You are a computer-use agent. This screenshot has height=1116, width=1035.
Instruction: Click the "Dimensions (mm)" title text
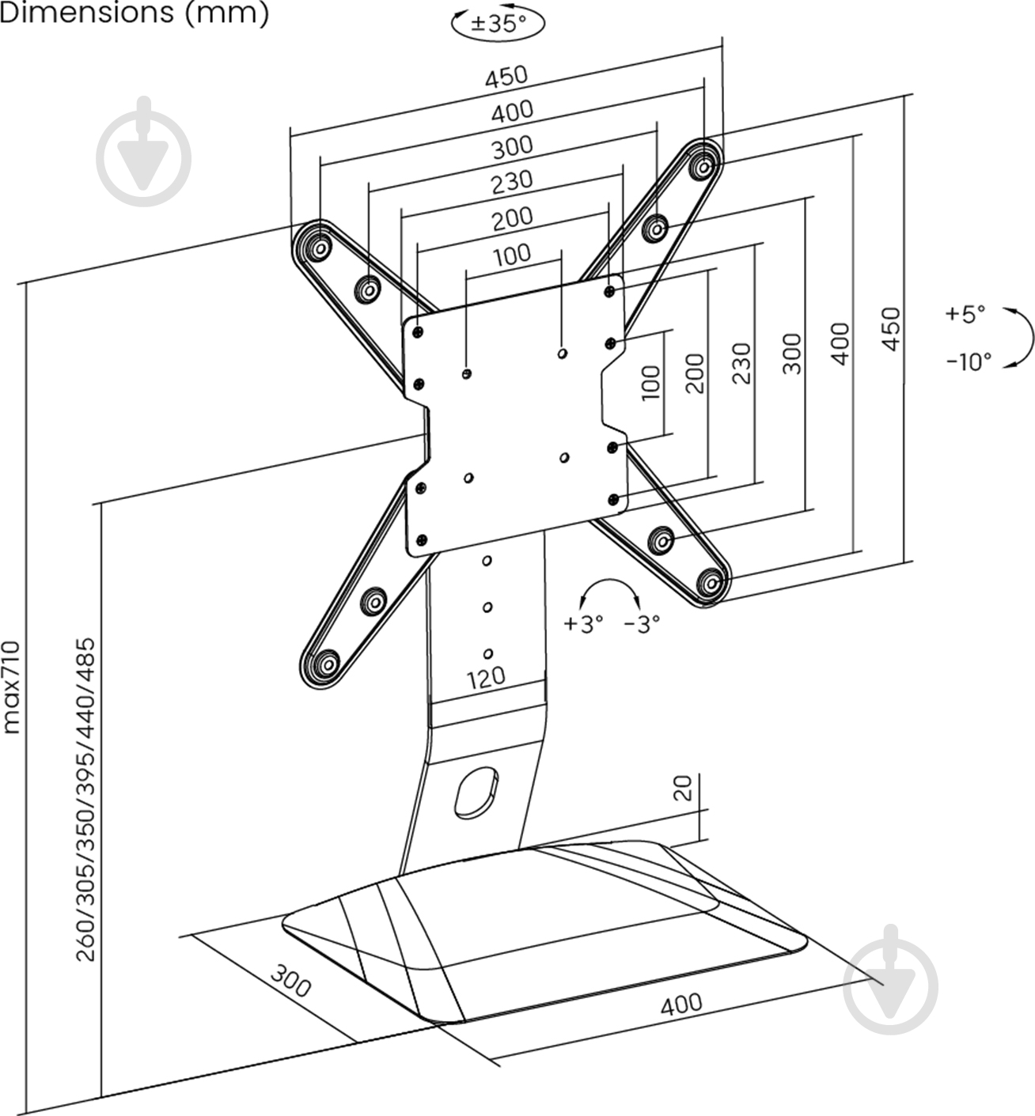pyautogui.click(x=135, y=13)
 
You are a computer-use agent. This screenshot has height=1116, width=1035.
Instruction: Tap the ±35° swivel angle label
pyautogui.click(x=498, y=23)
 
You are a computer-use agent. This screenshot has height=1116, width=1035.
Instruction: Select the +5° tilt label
pyautogui.click(x=965, y=313)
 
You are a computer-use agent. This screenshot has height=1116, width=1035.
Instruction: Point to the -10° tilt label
pyautogui.click(x=969, y=361)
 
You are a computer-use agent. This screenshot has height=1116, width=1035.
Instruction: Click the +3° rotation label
pyautogui.click(x=583, y=624)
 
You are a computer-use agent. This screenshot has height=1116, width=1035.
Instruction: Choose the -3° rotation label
pyautogui.click(x=641, y=624)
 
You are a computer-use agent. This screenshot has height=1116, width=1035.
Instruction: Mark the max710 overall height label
pyautogui.click(x=11, y=687)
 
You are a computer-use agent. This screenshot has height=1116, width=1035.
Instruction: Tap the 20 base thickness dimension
pyautogui.click(x=682, y=788)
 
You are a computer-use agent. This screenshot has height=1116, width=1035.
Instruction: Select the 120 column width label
pyautogui.click(x=486, y=677)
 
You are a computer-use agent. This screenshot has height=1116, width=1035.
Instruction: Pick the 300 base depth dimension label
pyautogui.click(x=290, y=981)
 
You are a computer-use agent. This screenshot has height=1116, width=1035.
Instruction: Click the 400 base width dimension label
pyautogui.click(x=681, y=1003)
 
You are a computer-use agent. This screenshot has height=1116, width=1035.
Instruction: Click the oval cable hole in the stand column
pyautogui.click(x=476, y=791)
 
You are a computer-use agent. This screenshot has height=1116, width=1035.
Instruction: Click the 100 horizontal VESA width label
pyautogui.click(x=512, y=255)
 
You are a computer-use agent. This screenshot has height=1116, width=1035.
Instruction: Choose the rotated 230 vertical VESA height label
pyautogui.click(x=741, y=363)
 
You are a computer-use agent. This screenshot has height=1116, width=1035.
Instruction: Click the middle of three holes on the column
pyautogui.click(x=487, y=607)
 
